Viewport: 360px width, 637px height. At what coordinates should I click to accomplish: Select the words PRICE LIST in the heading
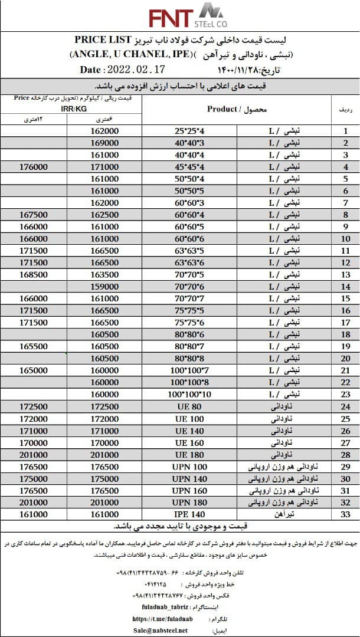point(103,40)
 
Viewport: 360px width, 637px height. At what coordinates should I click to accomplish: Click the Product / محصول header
point(237,109)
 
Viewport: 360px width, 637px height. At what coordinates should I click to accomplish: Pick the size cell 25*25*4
point(190,131)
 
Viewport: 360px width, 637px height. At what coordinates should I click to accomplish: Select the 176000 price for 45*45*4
point(33,167)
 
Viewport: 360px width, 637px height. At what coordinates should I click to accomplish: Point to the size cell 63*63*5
point(190,251)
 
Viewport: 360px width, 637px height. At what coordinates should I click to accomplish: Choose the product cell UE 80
point(189,407)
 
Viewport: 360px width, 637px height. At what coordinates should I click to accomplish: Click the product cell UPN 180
point(189,503)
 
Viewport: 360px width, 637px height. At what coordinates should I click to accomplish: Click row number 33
point(346,515)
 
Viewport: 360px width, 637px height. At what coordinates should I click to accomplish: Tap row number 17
point(346,323)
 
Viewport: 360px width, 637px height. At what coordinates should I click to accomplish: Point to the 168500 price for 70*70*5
point(33,275)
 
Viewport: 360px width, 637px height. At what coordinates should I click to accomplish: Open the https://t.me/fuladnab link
point(161,619)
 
